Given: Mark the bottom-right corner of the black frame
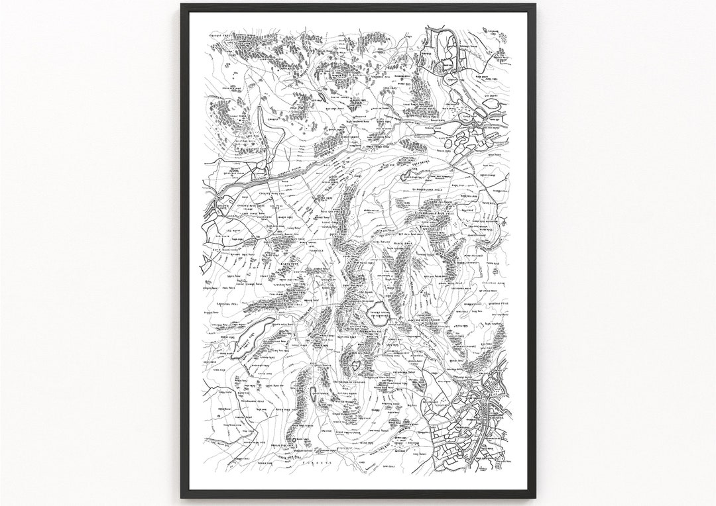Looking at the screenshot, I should pos(535,497).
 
